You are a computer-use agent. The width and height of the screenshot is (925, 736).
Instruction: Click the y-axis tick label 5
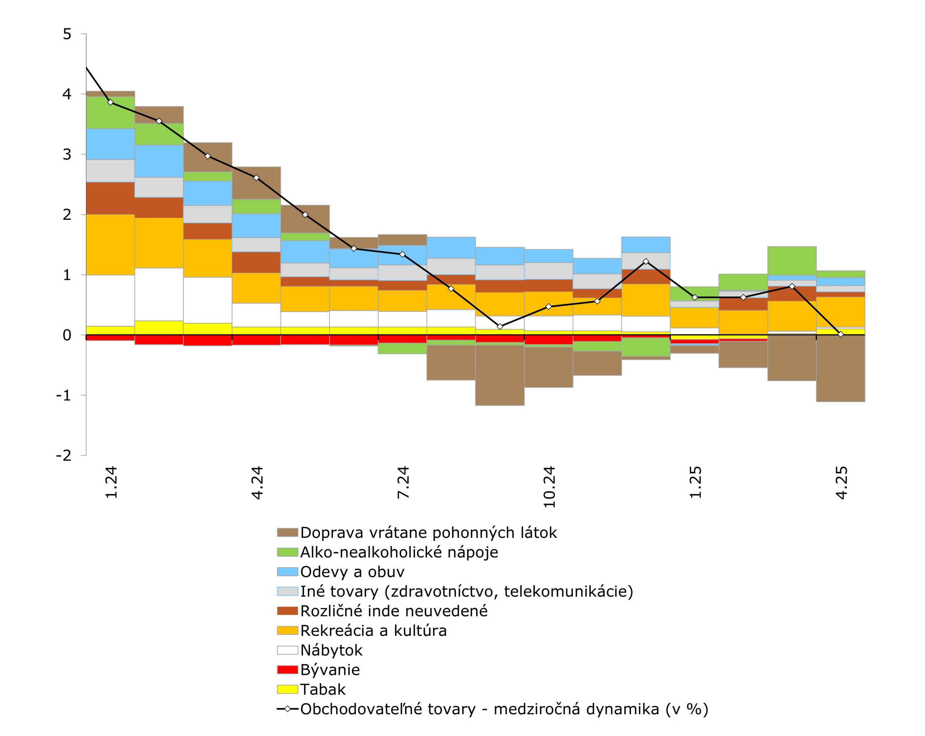coord(67,34)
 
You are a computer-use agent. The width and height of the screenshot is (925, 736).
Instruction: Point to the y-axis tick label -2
coord(64,455)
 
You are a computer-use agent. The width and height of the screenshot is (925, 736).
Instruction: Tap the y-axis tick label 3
coord(67,154)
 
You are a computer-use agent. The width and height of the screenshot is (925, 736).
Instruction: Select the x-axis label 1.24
coord(111,482)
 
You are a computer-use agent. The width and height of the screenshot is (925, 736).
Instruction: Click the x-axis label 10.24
coord(549,487)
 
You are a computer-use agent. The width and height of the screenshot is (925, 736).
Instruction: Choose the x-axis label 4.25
coord(842,482)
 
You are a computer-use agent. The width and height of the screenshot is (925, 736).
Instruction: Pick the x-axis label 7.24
coord(403,482)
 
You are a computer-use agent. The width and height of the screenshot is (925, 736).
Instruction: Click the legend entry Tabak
coord(323,689)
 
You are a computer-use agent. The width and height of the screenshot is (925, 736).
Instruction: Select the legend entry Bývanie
coord(330,669)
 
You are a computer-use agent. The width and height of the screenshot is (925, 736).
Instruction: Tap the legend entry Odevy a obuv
coord(352,572)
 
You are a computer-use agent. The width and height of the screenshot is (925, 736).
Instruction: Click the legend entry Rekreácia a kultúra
coord(373,630)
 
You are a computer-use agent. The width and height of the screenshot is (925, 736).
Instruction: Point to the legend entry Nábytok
coord(331,650)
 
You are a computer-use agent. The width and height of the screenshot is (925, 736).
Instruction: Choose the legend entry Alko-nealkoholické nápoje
coord(399,552)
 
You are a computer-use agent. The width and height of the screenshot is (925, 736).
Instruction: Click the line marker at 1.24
coord(110,102)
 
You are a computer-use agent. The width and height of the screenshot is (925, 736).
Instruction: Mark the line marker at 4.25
coord(840,334)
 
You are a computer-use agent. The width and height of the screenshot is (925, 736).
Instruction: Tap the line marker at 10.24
coord(548,307)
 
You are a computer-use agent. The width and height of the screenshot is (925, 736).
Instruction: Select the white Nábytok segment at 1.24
coord(110,300)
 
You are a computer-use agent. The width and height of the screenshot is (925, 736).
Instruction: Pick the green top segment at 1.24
coord(110,112)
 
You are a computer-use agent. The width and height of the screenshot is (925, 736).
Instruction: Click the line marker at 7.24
coord(403,254)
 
